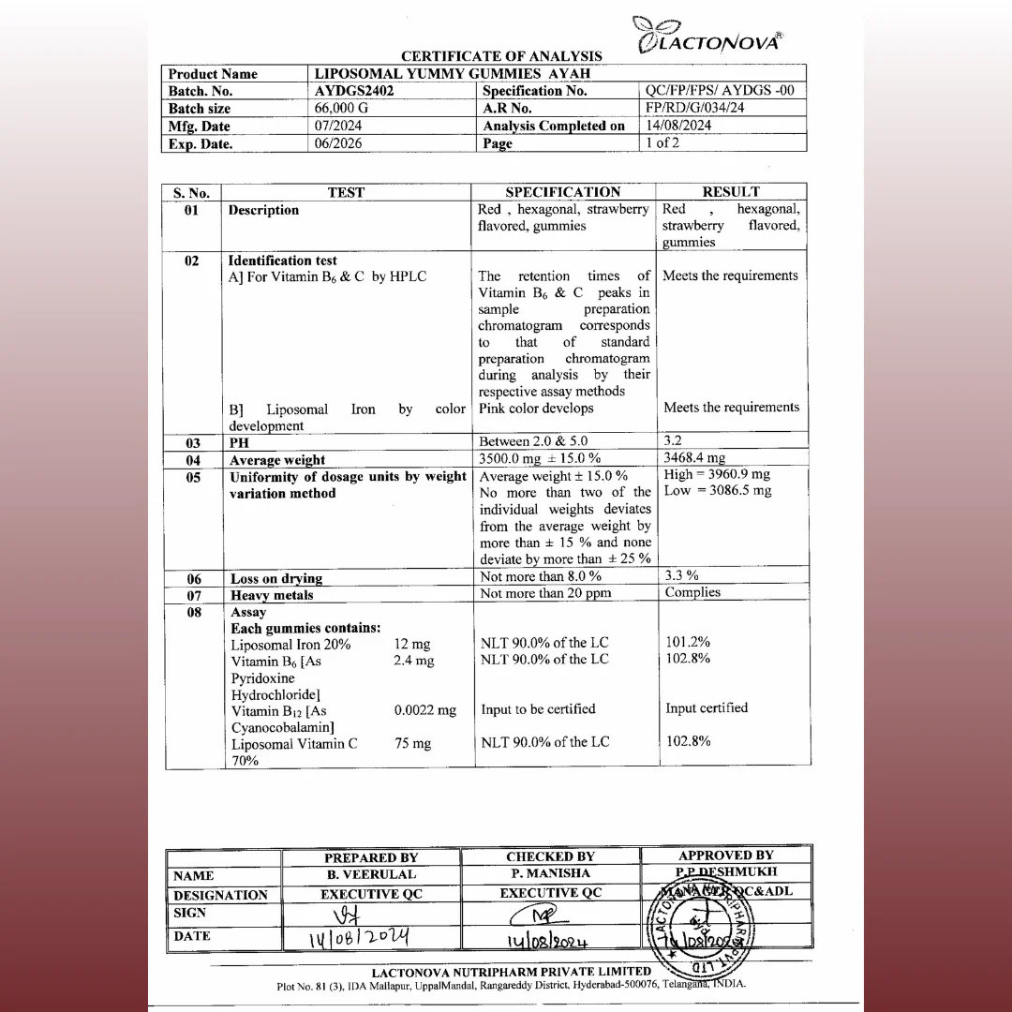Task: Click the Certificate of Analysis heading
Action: click(501, 56)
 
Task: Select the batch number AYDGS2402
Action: click(354, 91)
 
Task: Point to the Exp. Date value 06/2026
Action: click(338, 143)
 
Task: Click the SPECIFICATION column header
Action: click(563, 192)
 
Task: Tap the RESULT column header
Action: click(731, 192)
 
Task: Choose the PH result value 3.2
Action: click(673, 440)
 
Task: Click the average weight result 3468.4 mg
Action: click(694, 458)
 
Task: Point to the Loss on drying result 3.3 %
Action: click(682, 575)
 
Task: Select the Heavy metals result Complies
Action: click(692, 592)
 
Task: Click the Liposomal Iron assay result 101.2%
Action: click(688, 642)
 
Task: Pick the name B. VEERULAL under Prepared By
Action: click(371, 874)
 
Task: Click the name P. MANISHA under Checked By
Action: click(550, 873)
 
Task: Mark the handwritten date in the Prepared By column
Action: click(359, 936)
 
